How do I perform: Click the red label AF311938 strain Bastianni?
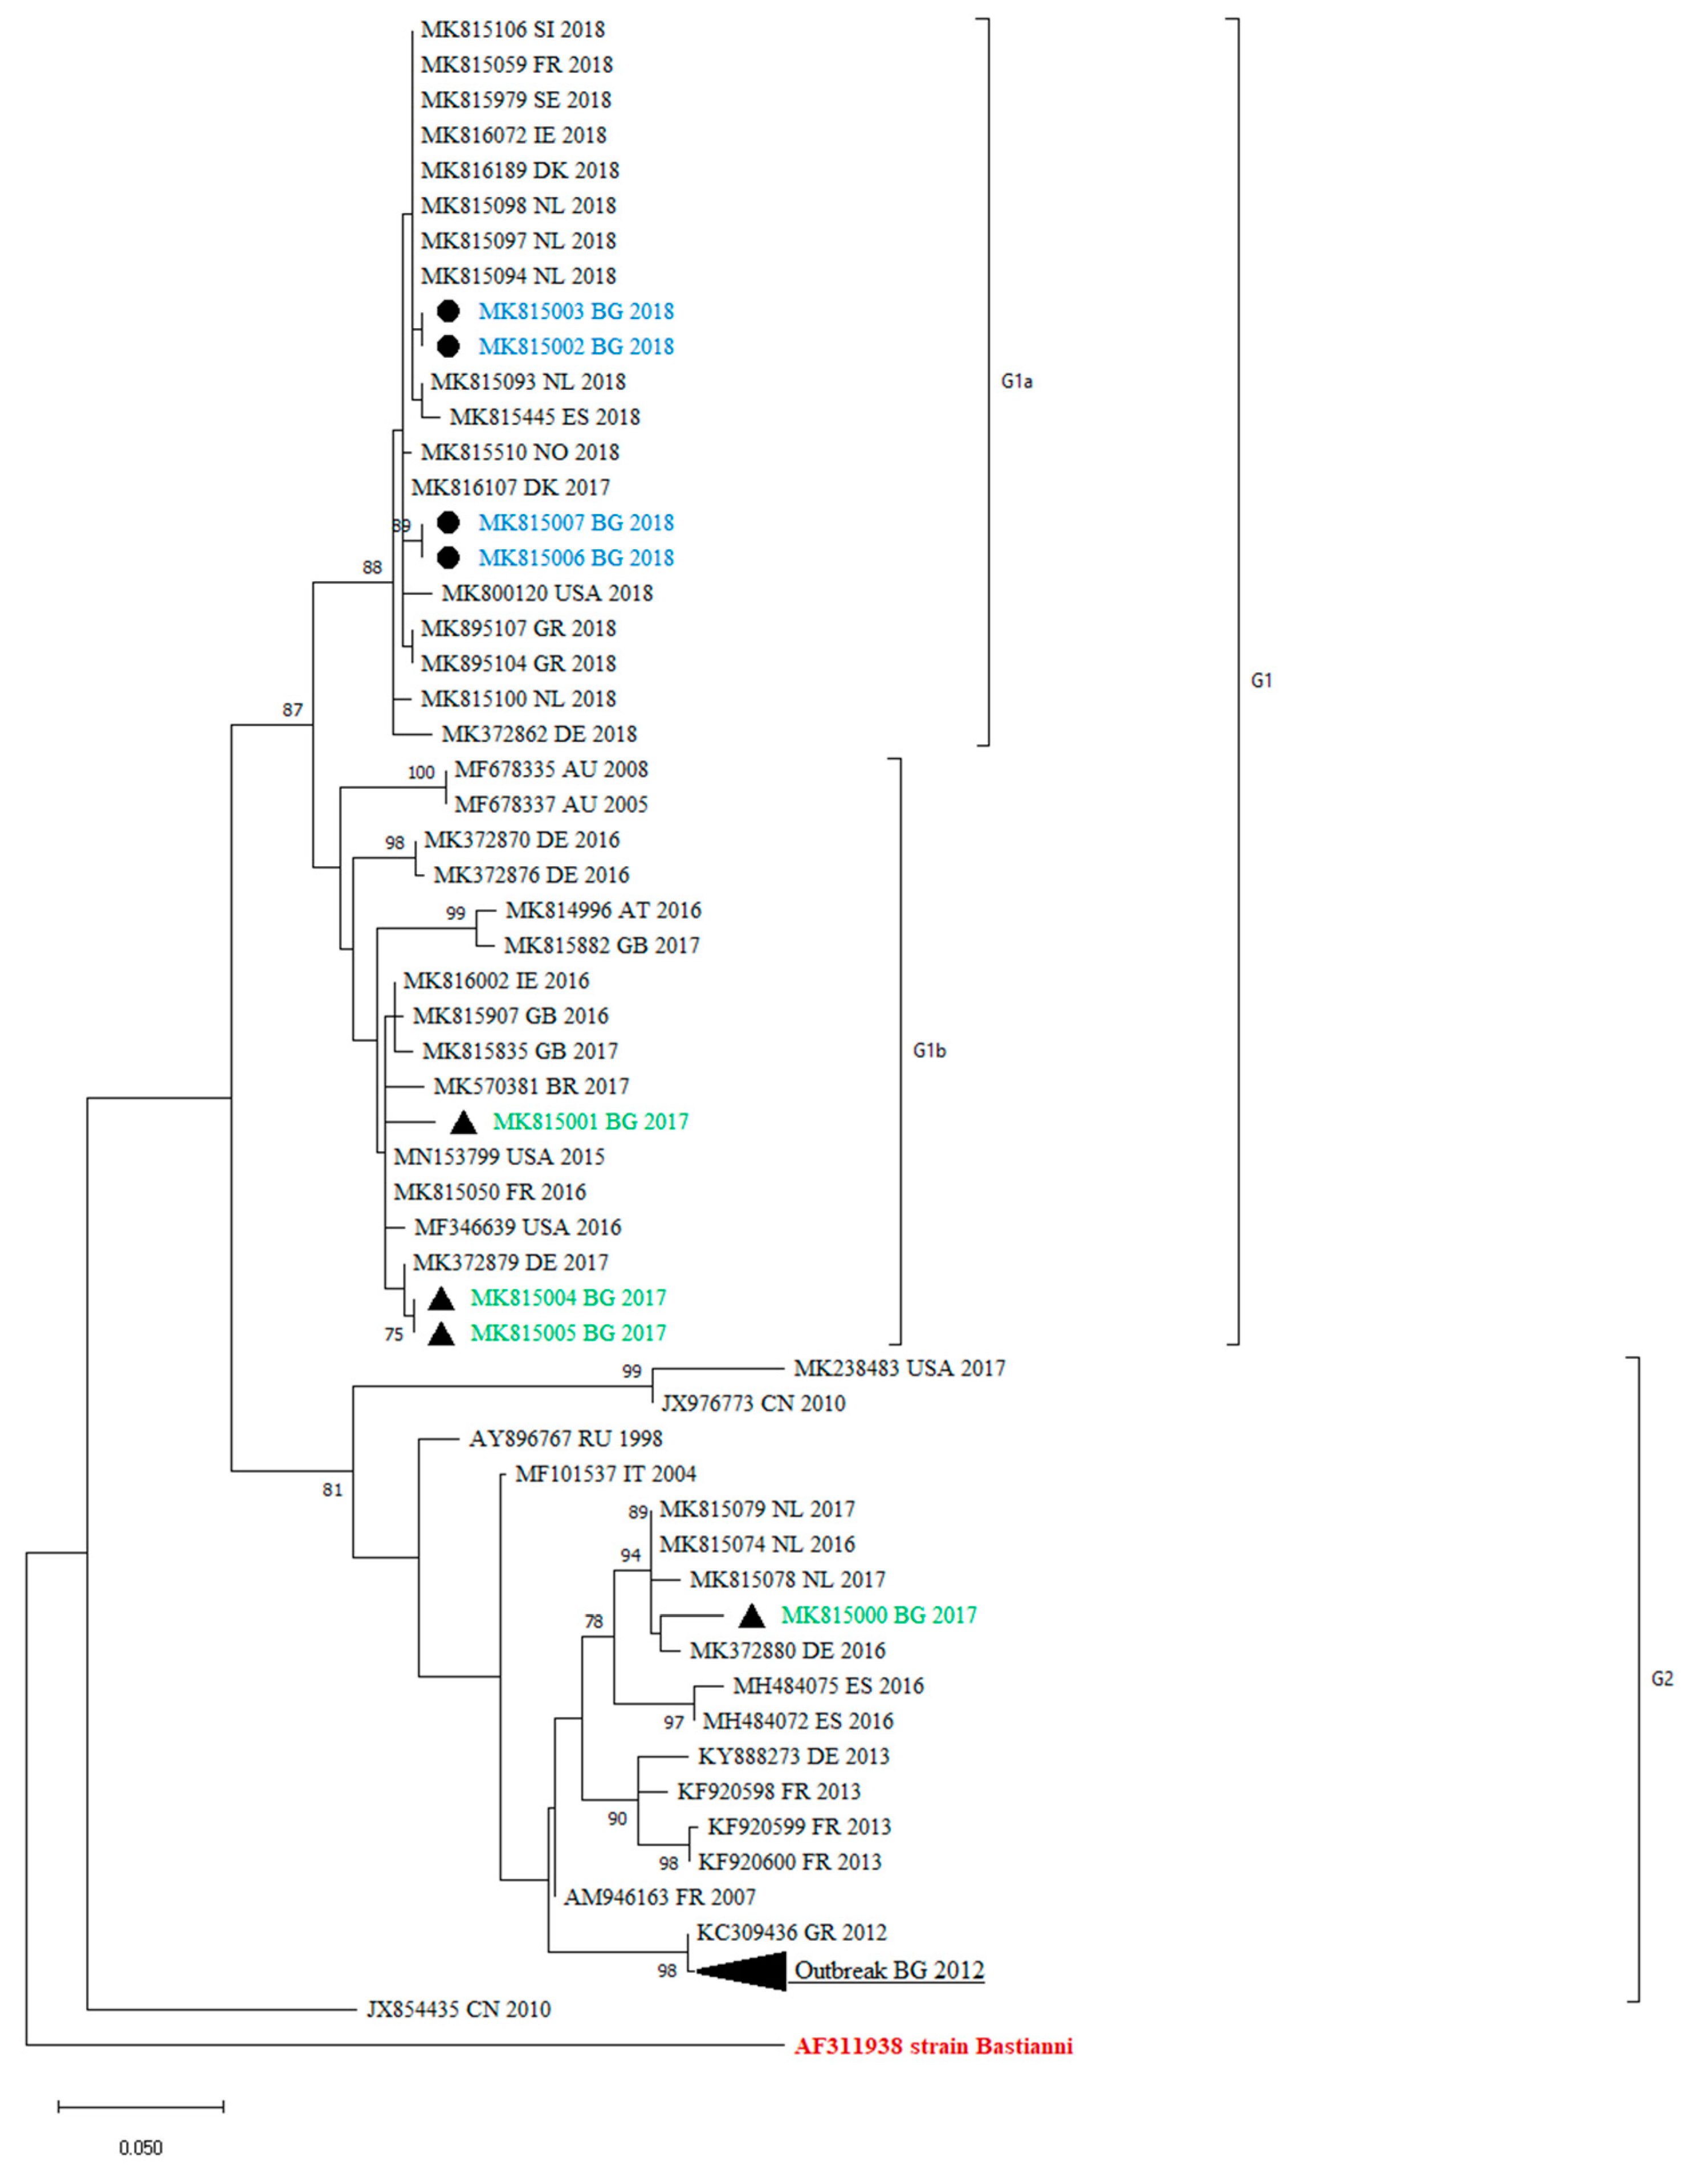(933, 2046)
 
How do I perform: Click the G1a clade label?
(1016, 382)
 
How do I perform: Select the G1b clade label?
(929, 1051)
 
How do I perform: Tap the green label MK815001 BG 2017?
(590, 1122)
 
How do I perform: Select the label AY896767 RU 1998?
(565, 1439)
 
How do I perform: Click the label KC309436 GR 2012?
(791, 1932)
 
